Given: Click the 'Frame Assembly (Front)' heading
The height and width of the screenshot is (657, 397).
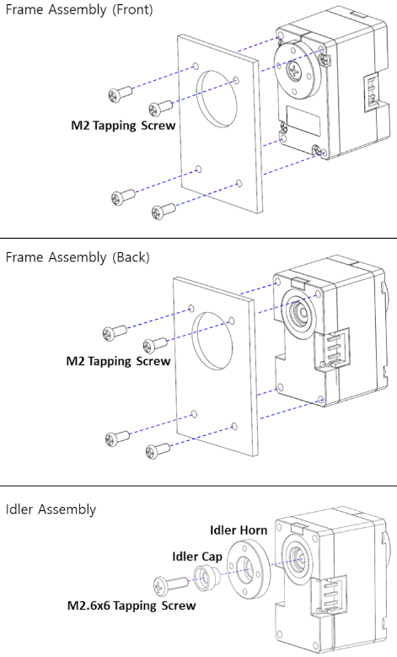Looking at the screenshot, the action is tap(79, 9).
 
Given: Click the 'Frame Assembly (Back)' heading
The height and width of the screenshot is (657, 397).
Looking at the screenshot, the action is tap(78, 257).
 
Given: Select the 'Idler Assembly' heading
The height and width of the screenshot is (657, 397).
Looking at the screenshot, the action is tap(51, 509).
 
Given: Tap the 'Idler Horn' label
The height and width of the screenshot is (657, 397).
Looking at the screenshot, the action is tap(239, 530).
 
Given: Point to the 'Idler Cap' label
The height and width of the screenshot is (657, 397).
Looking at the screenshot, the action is tap(197, 557).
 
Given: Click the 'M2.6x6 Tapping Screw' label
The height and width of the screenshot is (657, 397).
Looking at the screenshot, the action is tap(131, 606).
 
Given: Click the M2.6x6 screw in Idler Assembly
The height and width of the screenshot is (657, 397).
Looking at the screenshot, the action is tap(171, 584).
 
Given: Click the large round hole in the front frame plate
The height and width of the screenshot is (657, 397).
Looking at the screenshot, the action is tap(217, 99).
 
